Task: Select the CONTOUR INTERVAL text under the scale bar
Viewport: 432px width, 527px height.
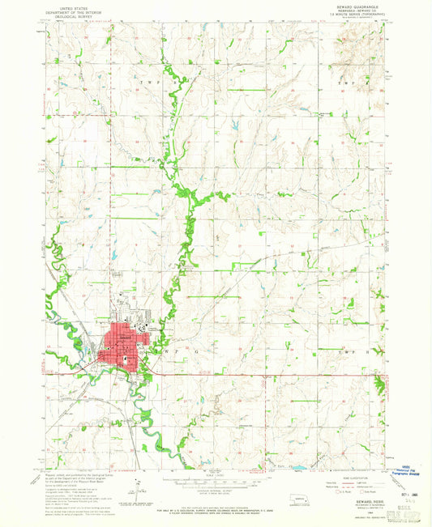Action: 214,489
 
